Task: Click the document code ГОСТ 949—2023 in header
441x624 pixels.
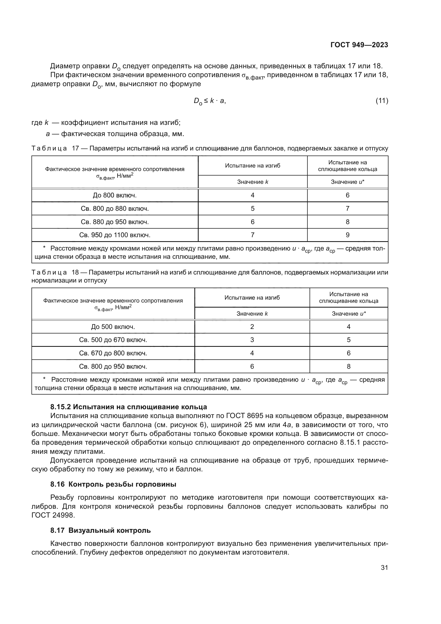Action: coord(359,45)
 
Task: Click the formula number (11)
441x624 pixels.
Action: coord(382,101)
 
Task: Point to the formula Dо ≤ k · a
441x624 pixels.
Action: coord(209,101)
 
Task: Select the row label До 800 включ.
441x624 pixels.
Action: coord(115,195)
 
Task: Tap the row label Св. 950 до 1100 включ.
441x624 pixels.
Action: coord(115,235)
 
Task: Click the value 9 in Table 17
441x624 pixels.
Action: coord(347,235)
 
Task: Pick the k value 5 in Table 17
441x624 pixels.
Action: coord(252,209)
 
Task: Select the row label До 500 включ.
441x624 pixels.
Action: coord(113,327)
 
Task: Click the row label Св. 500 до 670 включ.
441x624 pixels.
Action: coord(113,340)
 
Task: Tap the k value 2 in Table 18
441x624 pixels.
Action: coord(252,327)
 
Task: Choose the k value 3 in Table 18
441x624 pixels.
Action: coord(252,340)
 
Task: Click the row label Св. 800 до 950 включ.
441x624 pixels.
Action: coord(113,367)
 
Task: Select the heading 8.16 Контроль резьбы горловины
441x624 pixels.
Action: coord(113,484)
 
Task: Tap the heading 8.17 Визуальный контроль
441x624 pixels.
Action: coord(101,530)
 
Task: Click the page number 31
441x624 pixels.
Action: coord(384,568)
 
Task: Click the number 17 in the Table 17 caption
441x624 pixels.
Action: coord(75,148)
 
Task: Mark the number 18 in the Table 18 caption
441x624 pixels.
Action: coord(75,272)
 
